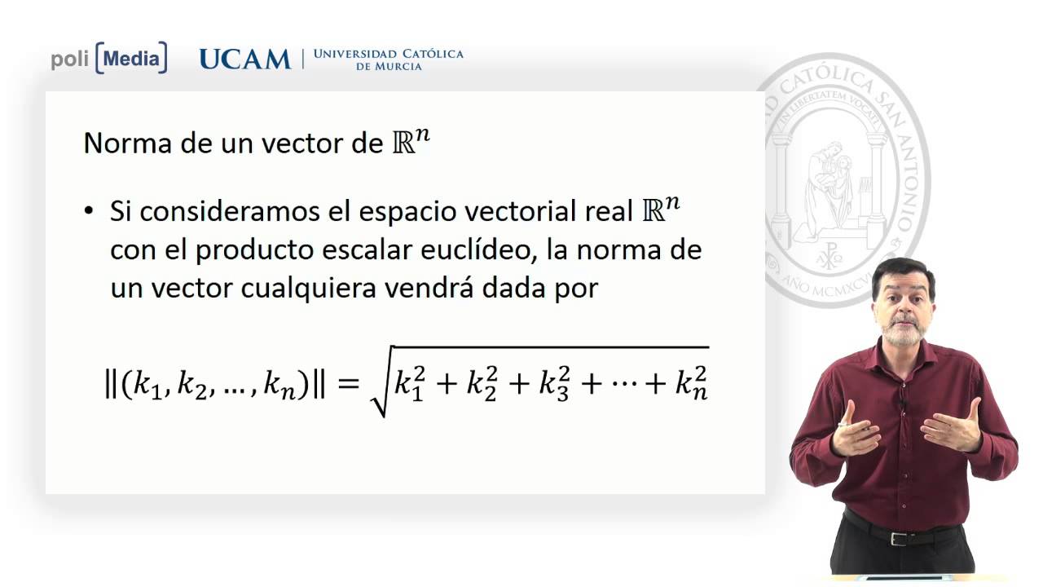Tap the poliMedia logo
109,59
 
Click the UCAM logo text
244,60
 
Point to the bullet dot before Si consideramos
90,211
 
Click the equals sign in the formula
348,383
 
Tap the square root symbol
380,383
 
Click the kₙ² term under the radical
690,384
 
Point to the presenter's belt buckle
899,538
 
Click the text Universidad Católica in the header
388,54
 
